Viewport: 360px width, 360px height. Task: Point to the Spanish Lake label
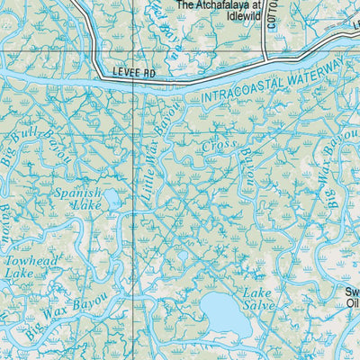[77, 199]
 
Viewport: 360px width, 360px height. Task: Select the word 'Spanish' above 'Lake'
[77, 193]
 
